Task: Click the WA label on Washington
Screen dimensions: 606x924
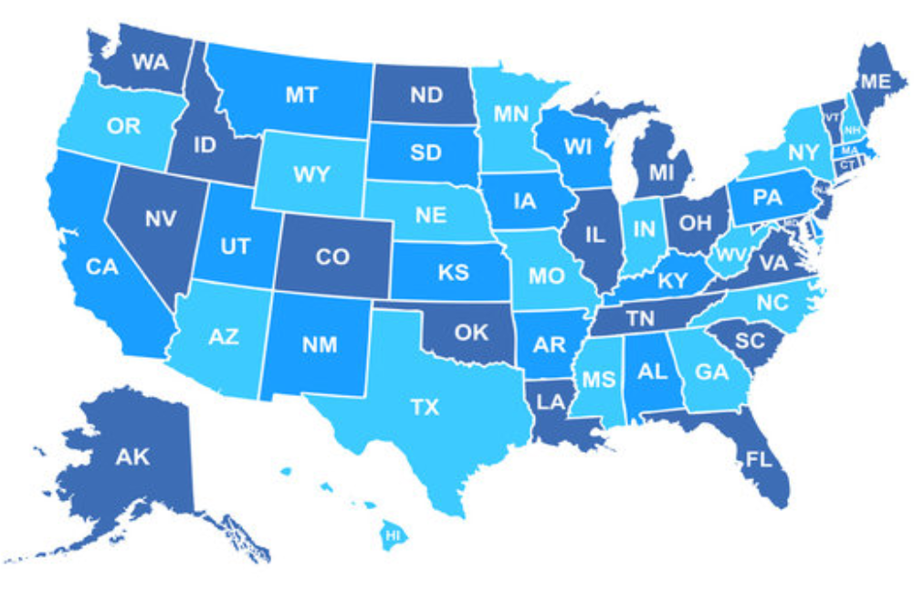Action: pos(150,62)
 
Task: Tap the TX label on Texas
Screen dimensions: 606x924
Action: pos(425,407)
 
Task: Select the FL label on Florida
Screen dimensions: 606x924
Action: pos(759,459)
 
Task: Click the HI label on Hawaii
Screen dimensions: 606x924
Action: pos(394,535)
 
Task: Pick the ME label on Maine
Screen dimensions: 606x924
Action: pos(875,82)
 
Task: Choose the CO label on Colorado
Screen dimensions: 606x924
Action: pos(332,256)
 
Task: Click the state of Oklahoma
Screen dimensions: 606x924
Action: pos(471,332)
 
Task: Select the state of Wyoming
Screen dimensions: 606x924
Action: pos(311,173)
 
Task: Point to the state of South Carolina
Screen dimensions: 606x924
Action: pos(749,341)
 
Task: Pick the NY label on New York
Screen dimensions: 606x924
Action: pos(803,151)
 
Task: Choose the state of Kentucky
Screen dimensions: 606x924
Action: pos(672,281)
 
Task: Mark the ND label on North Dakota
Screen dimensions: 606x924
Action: pos(425,95)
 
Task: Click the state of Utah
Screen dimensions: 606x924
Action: pos(235,246)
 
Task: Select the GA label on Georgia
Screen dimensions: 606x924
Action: pos(710,372)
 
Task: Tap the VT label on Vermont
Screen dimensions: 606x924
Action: pos(831,118)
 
